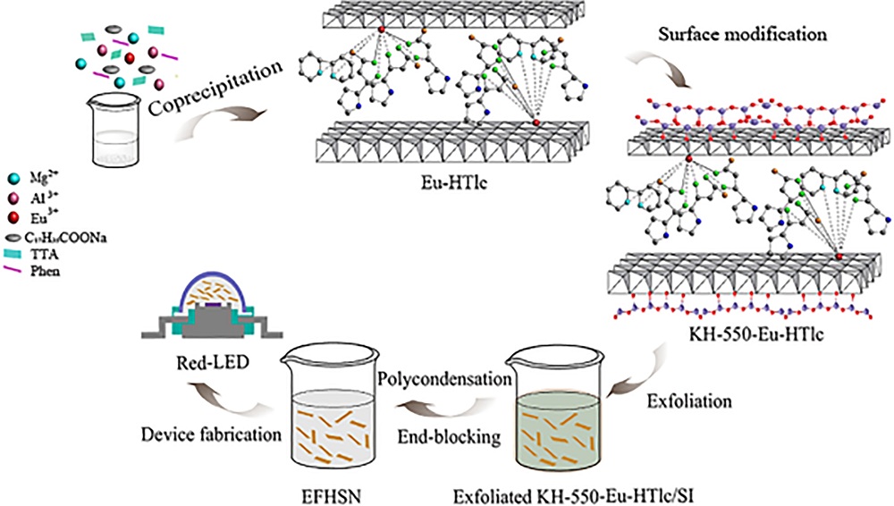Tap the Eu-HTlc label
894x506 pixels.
454,186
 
